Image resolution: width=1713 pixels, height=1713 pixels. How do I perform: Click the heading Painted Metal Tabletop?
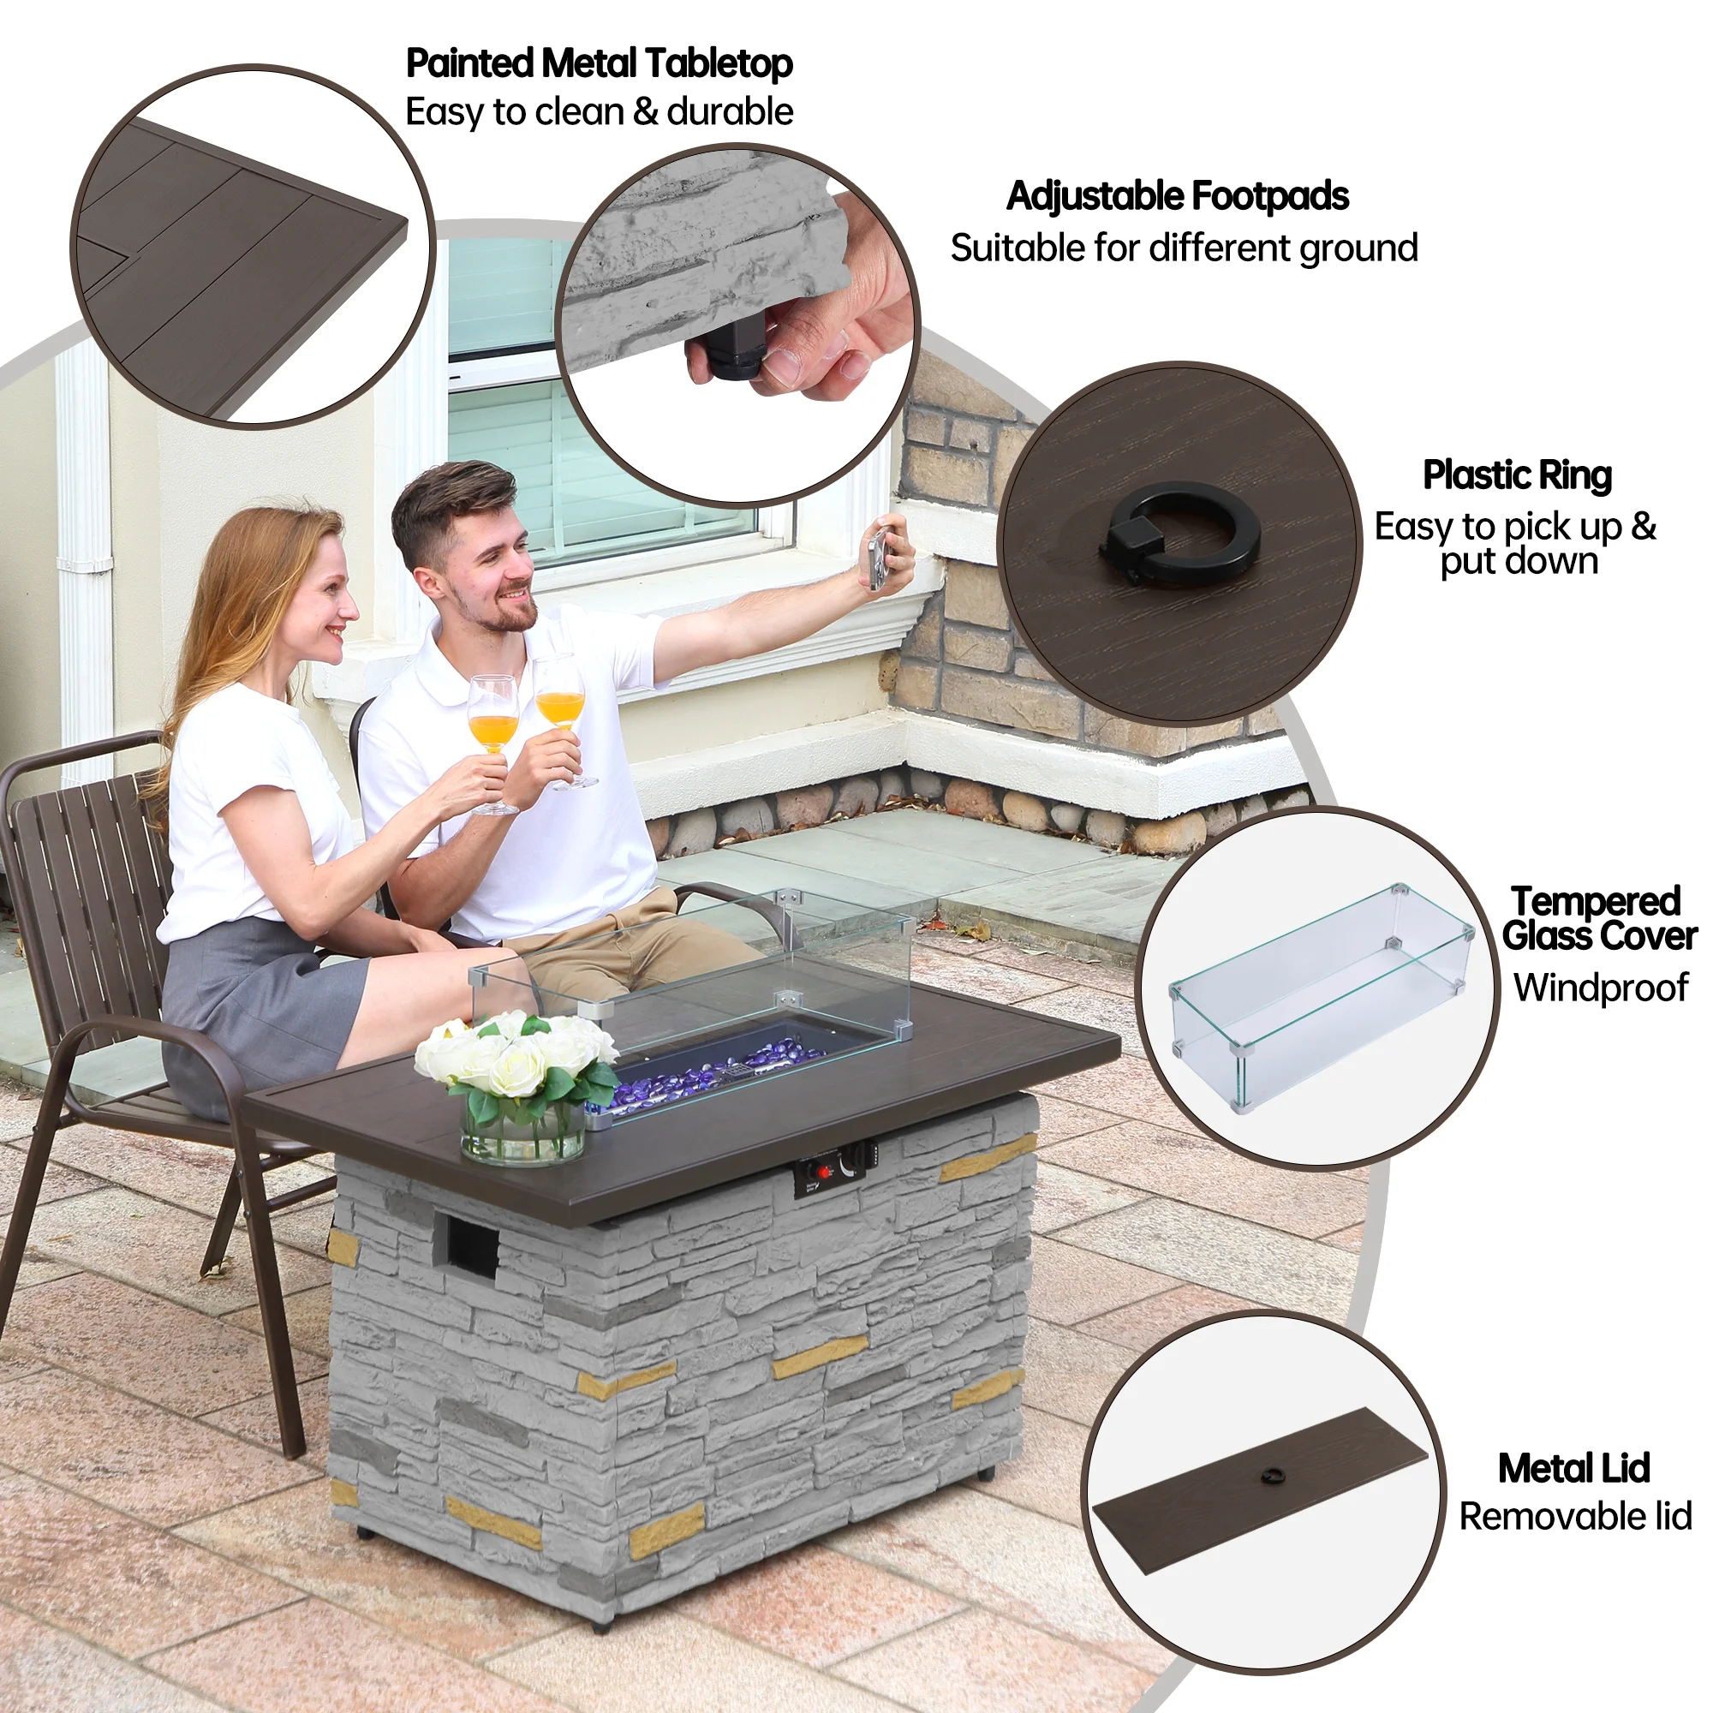[x=599, y=64]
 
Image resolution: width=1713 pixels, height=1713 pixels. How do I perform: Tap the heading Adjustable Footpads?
[x=1177, y=196]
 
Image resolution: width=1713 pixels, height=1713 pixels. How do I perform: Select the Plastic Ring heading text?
[x=1516, y=475]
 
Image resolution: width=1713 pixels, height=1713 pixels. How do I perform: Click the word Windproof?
[x=1601, y=988]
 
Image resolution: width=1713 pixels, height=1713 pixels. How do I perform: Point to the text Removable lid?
[x=1575, y=1516]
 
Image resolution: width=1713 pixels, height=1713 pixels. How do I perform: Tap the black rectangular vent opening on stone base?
[x=472, y=1246]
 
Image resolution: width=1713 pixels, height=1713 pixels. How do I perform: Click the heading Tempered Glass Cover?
[x=1597, y=918]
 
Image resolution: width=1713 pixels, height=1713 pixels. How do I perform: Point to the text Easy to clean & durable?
[x=599, y=112]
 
